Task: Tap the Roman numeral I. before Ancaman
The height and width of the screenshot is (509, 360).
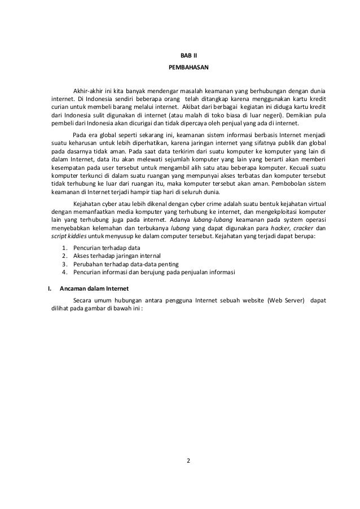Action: [x=48, y=288]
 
